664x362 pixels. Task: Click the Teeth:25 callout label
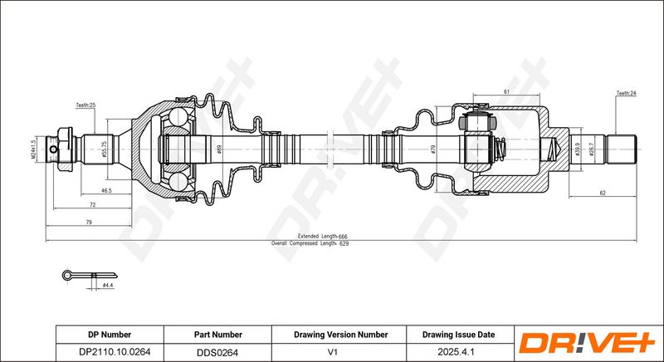pyautogui.click(x=85, y=105)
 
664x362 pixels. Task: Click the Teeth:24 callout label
pyautogui.click(x=627, y=93)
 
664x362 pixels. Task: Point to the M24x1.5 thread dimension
pyautogui.click(x=32, y=149)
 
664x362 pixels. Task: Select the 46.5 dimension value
pyautogui.click(x=106, y=191)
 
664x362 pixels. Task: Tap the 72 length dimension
pyautogui.click(x=93, y=205)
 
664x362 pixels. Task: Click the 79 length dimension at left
pyautogui.click(x=89, y=223)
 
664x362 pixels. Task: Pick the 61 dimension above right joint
pyautogui.click(x=506, y=92)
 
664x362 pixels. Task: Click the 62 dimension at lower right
pyautogui.click(x=603, y=193)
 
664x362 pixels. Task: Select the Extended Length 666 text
pyautogui.click(x=322, y=237)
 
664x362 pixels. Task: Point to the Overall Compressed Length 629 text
pyautogui.click(x=310, y=243)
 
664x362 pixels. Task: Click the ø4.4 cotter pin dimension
pyautogui.click(x=108, y=286)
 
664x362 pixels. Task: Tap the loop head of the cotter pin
pyautogui.click(x=67, y=276)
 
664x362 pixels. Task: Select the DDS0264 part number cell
pyautogui.click(x=217, y=352)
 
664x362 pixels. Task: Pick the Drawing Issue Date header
pyautogui.click(x=459, y=335)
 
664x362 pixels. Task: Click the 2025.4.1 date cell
pyautogui.click(x=459, y=352)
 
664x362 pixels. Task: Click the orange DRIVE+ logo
pyautogui.click(x=588, y=343)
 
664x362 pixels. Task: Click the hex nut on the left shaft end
pyautogui.click(x=65, y=149)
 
